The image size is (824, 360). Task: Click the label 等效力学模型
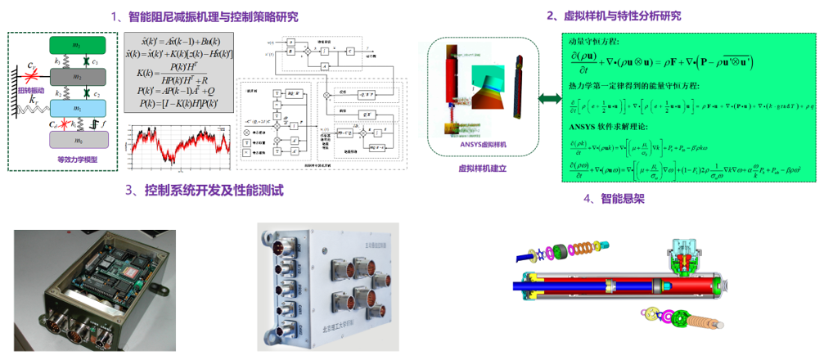tap(77, 159)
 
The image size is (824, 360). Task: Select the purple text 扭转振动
tap(29, 89)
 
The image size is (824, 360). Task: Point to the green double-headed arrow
tap(549, 98)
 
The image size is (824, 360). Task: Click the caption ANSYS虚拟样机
tap(484, 143)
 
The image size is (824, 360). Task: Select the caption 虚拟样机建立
tap(483, 167)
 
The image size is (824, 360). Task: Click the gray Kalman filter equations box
tap(176, 71)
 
